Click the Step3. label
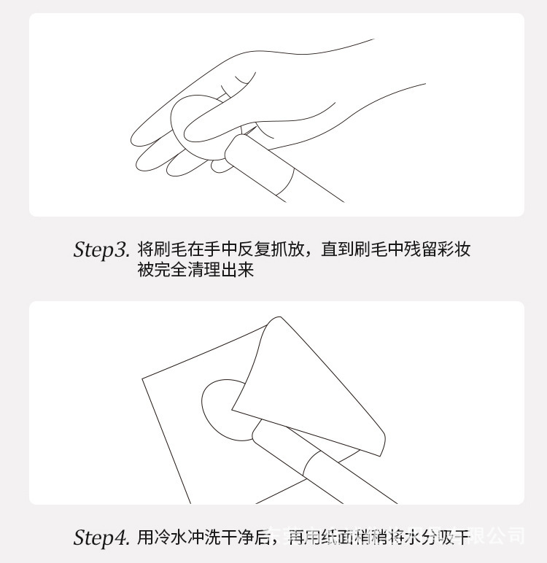click(101, 249)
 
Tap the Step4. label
click(101, 538)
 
